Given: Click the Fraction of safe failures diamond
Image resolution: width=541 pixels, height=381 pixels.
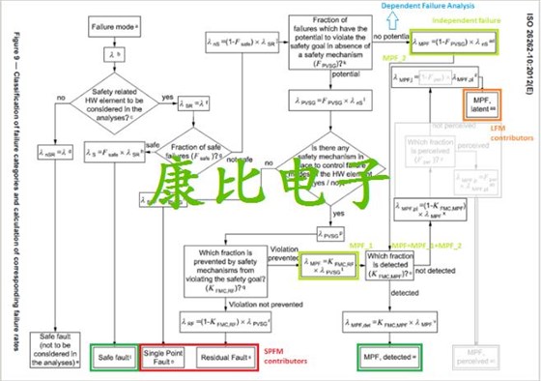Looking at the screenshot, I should click(197, 149).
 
